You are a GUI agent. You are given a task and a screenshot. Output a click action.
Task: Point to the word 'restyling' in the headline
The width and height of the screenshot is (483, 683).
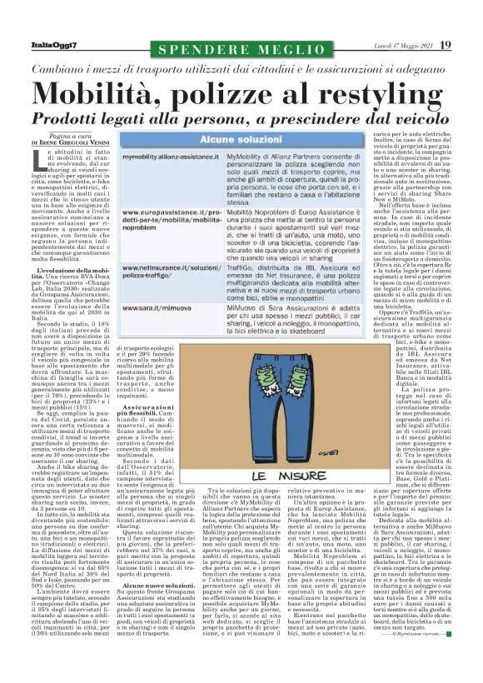(x=366, y=89)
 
